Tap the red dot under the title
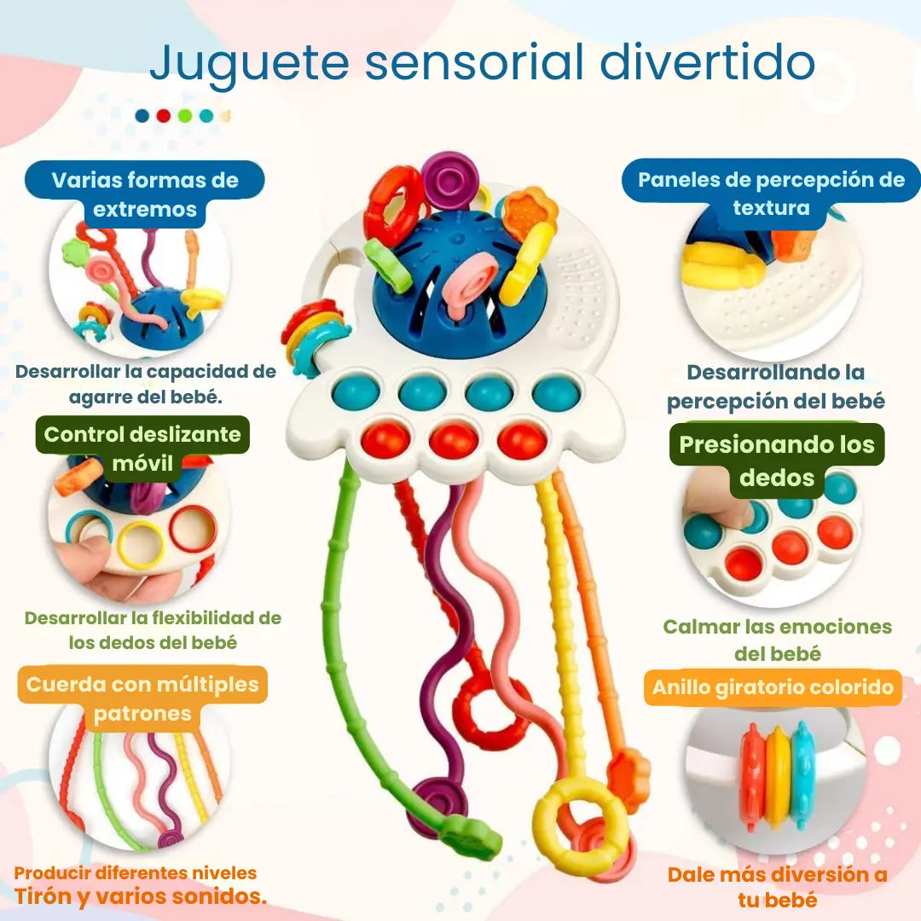pyautogui.click(x=163, y=116)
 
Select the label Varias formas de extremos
pyautogui.click(x=145, y=194)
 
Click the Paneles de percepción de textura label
pyautogui.click(x=771, y=194)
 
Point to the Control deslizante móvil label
pyautogui.click(x=142, y=449)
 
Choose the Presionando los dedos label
pyautogui.click(x=777, y=460)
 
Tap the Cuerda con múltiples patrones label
pyautogui.click(x=142, y=698)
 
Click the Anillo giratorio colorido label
pyautogui.click(x=773, y=687)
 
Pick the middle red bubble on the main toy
pyautogui.click(x=454, y=440)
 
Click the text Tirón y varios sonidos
pyautogui.click(x=140, y=896)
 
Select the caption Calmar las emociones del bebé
pyautogui.click(x=777, y=640)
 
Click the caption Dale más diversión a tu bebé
pyautogui.click(x=777, y=886)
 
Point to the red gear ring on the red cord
pyautogui.click(x=491, y=715)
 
